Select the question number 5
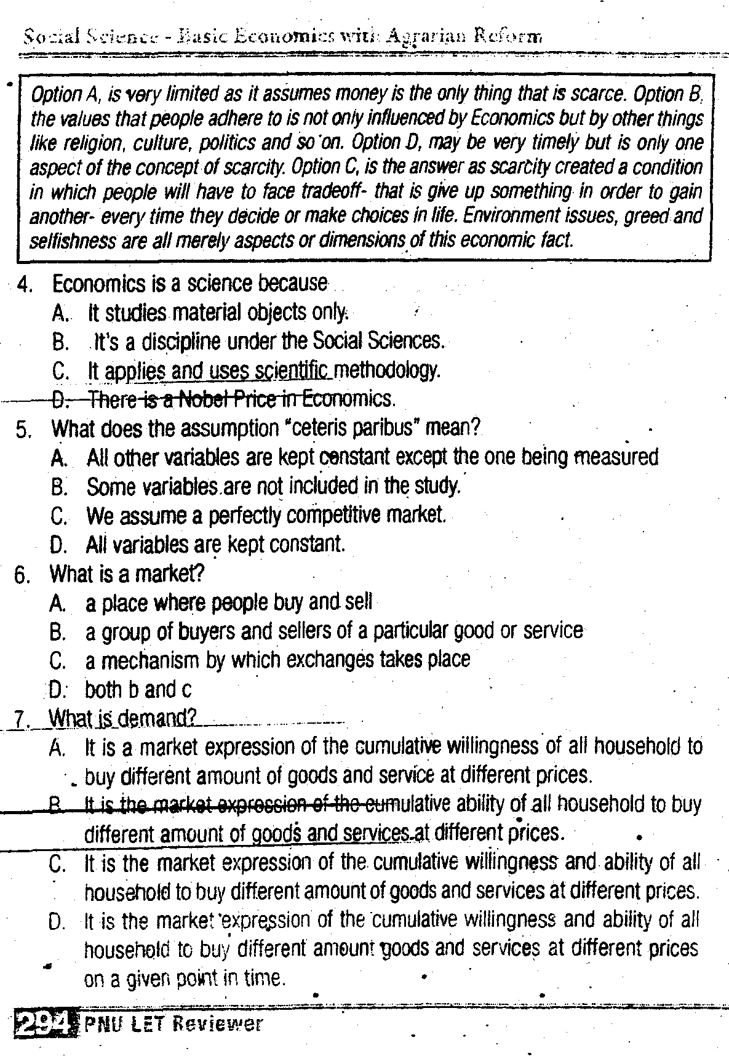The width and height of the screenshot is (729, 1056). (23, 430)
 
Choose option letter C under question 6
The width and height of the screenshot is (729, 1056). (58, 661)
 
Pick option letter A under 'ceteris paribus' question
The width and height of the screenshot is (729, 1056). (59, 458)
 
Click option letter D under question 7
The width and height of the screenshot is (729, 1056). (57, 922)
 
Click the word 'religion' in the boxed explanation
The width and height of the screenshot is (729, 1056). (90, 143)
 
